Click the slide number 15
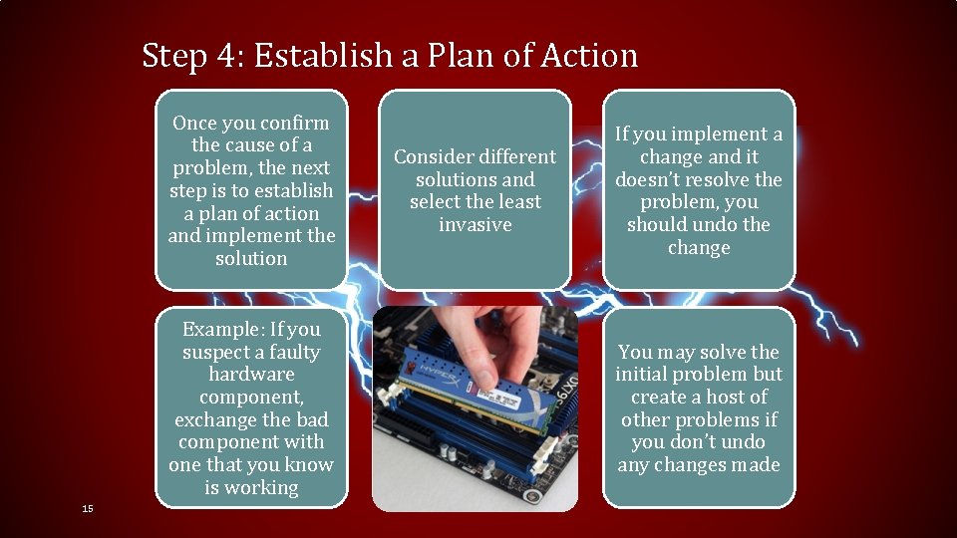point(88,509)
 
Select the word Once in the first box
point(193,124)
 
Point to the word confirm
point(295,124)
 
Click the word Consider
point(434,157)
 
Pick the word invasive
point(476,225)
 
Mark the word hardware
point(251,375)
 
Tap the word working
point(265,488)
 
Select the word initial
point(640,375)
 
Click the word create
point(657,398)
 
